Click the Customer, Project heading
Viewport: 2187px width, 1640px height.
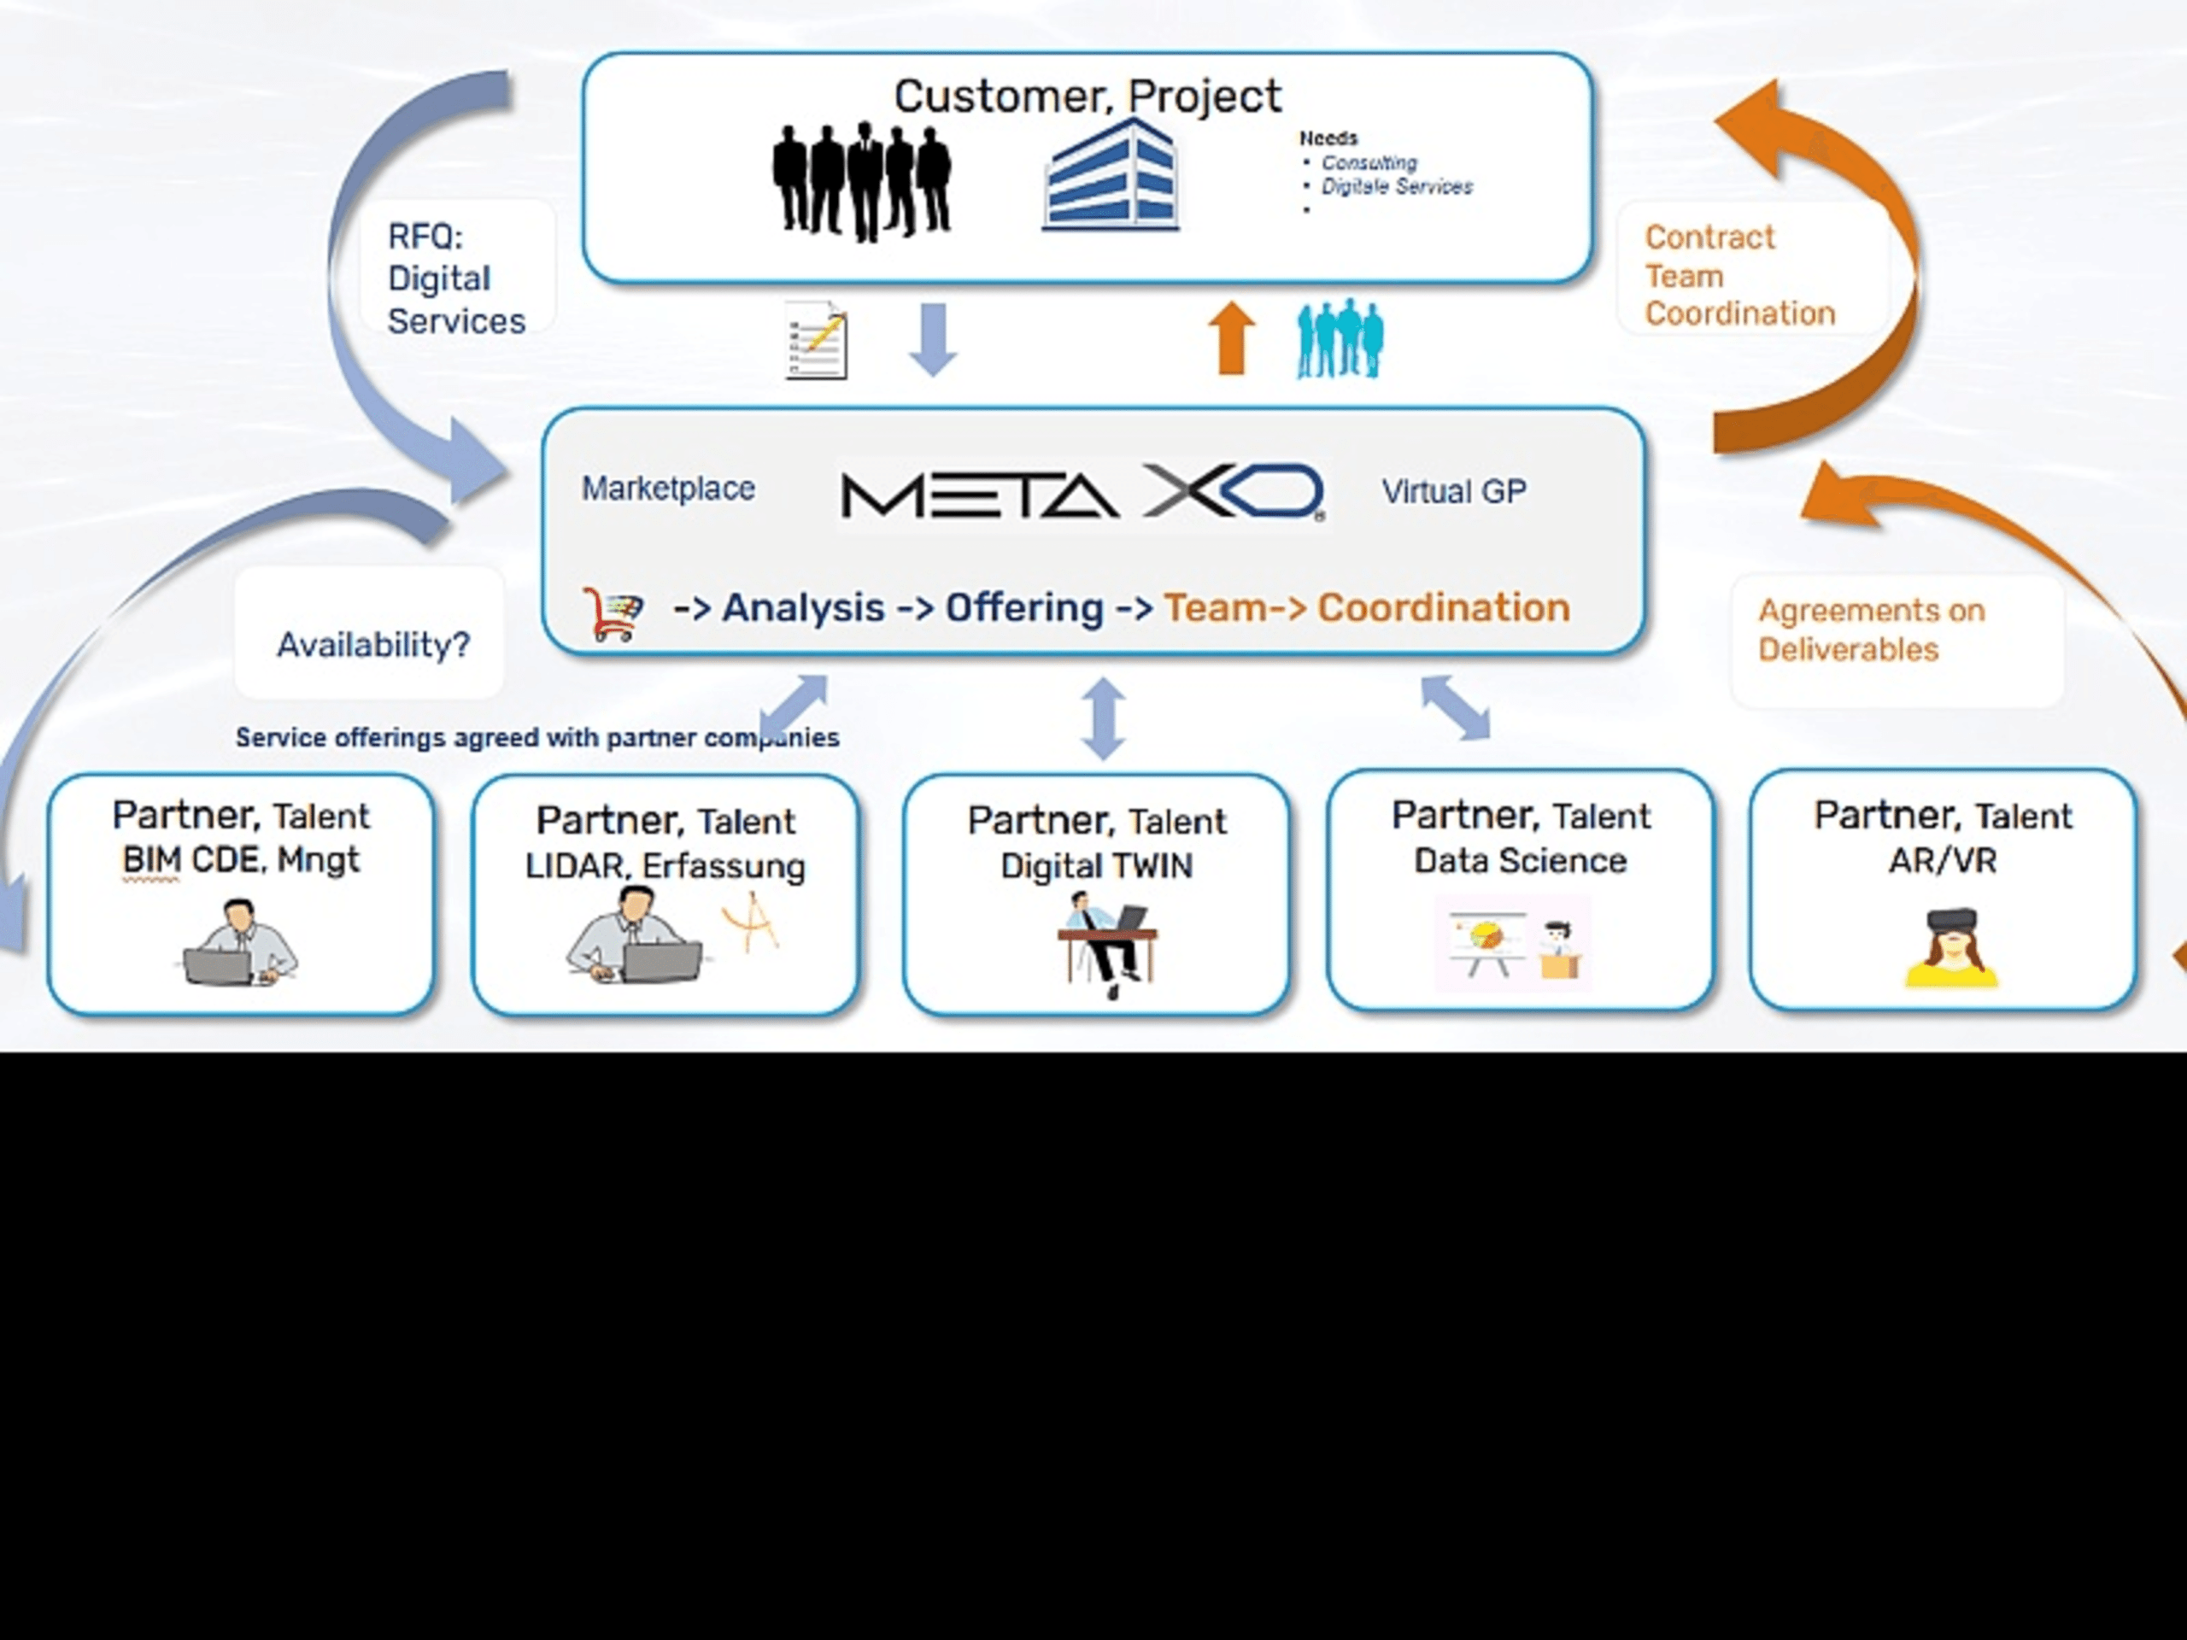pyautogui.click(x=1087, y=97)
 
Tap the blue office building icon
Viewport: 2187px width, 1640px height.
pyautogui.click(x=1111, y=176)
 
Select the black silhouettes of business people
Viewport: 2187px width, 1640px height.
pyautogui.click(x=861, y=181)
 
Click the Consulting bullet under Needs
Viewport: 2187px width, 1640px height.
pyautogui.click(x=1369, y=162)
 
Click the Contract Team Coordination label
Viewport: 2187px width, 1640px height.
pyautogui.click(x=1738, y=276)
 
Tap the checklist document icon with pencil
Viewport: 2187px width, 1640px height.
pyautogui.click(x=817, y=341)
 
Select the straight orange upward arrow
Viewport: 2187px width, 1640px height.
pyautogui.click(x=1231, y=338)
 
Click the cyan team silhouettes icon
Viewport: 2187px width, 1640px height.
pyautogui.click(x=1340, y=339)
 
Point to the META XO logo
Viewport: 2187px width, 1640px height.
pyautogui.click(x=1082, y=492)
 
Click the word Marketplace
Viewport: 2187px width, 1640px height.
pyautogui.click(x=667, y=489)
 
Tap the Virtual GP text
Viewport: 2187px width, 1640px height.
pyautogui.click(x=1453, y=491)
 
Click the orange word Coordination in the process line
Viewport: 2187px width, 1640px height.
pyautogui.click(x=1443, y=608)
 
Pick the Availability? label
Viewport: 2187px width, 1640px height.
pyautogui.click(x=372, y=645)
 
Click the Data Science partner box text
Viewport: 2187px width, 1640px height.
pyautogui.click(x=1520, y=860)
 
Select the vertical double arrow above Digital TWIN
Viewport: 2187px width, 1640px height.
pyautogui.click(x=1104, y=717)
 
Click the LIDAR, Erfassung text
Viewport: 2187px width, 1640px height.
pyautogui.click(x=665, y=866)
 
